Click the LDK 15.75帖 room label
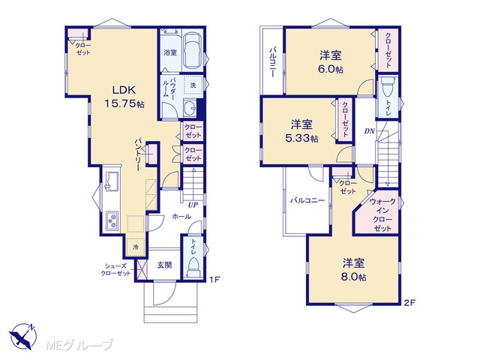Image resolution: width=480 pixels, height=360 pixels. pos(124,97)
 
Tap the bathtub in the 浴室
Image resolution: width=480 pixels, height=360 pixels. pos(192,51)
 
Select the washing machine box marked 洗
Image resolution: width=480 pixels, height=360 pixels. pos(193,85)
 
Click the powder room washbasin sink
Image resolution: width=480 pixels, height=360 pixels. pos(190,107)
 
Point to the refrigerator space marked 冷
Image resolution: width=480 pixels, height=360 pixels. pos(135,247)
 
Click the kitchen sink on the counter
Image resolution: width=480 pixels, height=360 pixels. pos(112,181)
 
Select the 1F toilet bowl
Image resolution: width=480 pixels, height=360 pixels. pos(193,266)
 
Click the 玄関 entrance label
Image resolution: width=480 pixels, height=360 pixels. pos(165,265)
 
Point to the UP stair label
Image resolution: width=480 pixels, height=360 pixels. pos(193,205)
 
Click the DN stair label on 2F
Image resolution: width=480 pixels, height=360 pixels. pos(369,131)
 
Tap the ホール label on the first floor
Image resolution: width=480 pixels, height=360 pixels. pos(181,217)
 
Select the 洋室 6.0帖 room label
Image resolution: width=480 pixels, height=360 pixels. pos(331,62)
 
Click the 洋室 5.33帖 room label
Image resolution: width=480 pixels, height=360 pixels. pos(301,131)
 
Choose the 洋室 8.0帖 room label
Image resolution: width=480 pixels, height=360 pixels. pos(353,270)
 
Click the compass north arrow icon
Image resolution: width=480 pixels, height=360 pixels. pos(22,337)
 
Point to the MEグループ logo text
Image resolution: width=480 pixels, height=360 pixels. pos(79,346)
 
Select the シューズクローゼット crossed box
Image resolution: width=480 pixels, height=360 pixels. pos(140,269)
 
